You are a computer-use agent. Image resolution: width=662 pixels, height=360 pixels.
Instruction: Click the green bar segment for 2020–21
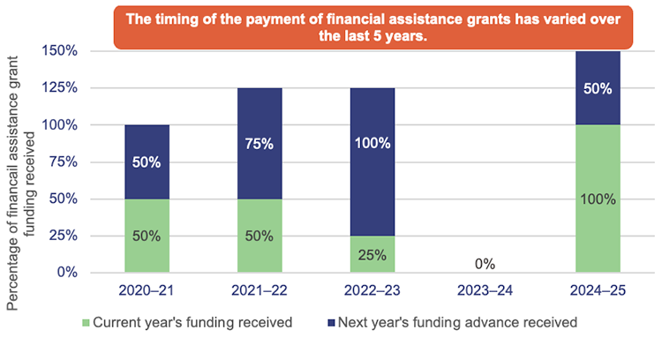147,235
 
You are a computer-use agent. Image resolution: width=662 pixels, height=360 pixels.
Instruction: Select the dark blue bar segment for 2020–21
147,161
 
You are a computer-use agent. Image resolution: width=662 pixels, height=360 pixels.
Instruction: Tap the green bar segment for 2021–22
260,235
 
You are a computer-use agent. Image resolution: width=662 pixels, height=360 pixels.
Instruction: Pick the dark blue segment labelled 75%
260,143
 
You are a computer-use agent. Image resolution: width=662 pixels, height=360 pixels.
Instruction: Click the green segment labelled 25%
372,253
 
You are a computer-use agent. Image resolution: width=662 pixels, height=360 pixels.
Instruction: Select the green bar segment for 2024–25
598,199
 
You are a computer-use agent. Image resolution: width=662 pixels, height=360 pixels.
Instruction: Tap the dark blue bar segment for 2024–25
598,88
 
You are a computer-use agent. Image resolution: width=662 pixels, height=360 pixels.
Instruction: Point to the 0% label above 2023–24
485,263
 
